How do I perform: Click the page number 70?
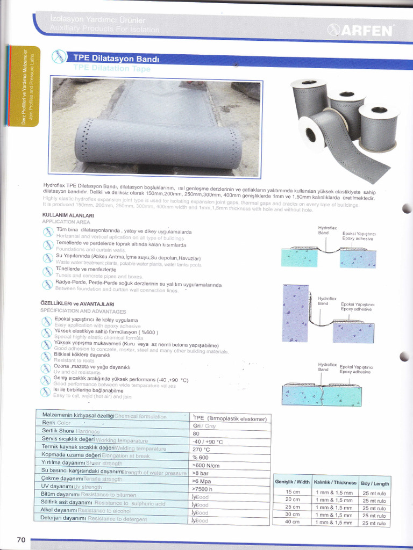point(21,539)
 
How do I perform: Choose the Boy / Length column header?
point(375,483)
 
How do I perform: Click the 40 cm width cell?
point(292,522)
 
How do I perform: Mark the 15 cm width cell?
point(292,492)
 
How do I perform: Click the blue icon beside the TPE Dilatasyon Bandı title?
point(58,56)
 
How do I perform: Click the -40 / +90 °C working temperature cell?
point(208,442)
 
